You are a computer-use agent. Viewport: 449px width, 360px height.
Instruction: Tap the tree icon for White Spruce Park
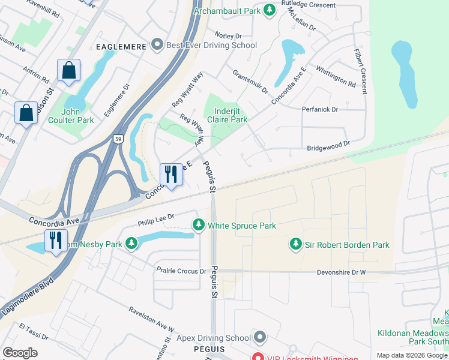coord(199,226)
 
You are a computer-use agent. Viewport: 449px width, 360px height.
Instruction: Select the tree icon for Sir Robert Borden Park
coord(295,244)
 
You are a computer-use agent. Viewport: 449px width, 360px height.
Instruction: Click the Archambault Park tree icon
coord(270,10)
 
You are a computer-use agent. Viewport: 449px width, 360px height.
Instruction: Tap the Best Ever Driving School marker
coord(157,45)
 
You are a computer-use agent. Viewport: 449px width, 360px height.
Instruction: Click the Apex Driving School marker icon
coord(259,338)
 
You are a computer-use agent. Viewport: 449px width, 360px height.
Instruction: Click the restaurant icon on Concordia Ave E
coord(170,175)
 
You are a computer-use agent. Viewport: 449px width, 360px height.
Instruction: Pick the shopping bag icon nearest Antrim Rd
coord(68,70)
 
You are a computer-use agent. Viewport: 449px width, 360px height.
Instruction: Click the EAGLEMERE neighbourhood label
coord(120,46)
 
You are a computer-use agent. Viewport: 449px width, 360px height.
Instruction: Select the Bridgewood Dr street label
coord(328,146)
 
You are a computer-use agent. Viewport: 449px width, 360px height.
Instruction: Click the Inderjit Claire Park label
coord(228,115)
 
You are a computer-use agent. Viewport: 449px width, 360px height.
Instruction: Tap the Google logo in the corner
coord(20,353)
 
